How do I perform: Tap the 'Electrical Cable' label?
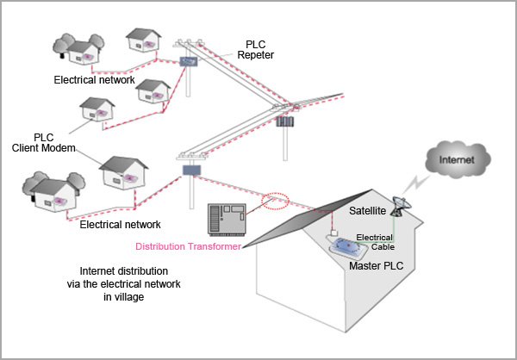(375, 241)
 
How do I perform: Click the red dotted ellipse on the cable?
(275, 201)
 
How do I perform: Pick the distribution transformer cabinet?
(228, 218)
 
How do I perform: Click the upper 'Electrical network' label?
(94, 80)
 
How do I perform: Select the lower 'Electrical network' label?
(120, 225)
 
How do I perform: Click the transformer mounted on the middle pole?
(284, 121)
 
